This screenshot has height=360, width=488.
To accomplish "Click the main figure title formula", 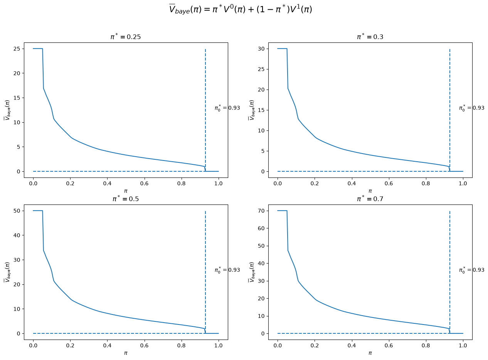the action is click(241, 10).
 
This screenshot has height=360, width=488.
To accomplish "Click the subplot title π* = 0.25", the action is click(126, 37).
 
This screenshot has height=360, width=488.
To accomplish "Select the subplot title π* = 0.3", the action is click(370, 37).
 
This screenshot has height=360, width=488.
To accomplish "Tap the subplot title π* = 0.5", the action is click(126, 199).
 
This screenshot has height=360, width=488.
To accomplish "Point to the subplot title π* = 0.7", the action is click(370, 199).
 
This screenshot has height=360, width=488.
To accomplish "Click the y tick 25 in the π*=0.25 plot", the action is click(17, 49).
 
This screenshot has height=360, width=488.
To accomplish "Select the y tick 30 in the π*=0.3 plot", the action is click(261, 49).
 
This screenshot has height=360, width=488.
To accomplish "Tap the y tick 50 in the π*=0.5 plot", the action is click(17, 211).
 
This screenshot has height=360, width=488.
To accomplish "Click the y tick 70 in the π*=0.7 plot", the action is click(261, 211).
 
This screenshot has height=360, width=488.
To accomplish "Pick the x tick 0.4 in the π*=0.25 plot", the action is click(107, 183).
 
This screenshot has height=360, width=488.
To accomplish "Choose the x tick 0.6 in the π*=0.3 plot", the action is click(389, 183).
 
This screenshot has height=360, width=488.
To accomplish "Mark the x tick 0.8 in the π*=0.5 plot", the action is click(182, 345).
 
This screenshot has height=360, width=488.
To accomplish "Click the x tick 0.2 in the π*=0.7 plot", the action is click(315, 345).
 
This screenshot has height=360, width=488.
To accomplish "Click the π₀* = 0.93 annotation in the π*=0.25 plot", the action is click(227, 108).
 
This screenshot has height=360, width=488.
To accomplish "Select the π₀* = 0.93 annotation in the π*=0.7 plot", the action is click(472, 270).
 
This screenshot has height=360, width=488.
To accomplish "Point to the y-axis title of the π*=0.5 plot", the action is click(7, 272).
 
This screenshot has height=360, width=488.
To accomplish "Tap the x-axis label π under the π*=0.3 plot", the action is click(370, 191).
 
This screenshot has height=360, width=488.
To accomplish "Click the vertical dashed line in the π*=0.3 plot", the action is click(450, 110).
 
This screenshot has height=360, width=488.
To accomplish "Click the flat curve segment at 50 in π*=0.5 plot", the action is click(38, 211).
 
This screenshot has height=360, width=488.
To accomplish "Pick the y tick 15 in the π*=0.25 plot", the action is click(17, 98).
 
